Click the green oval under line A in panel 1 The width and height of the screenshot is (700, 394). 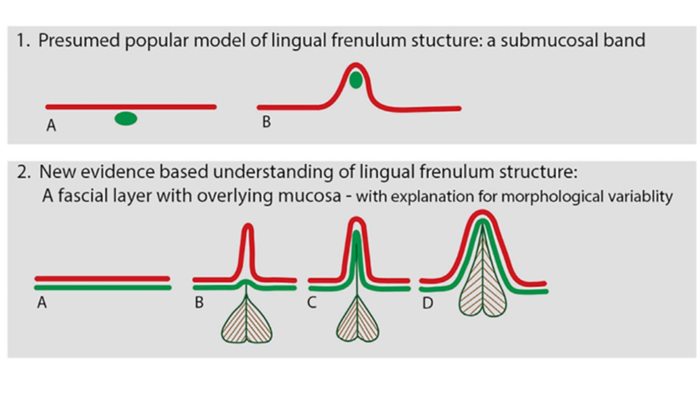pos(126,119)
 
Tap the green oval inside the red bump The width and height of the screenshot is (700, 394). pos(355,80)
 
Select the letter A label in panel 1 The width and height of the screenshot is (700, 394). pos(51,126)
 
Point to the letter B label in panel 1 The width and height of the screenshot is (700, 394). pos(266,121)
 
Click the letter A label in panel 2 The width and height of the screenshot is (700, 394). pos(42,302)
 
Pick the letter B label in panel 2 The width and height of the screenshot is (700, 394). pos(199,302)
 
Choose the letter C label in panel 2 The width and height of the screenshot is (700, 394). pos(312,302)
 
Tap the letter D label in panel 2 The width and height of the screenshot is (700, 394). pos(427,302)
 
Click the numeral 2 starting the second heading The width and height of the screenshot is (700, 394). pos(22,172)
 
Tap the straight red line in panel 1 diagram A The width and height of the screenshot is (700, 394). pos(131,107)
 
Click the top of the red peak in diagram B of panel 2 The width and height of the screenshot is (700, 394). pos(248,225)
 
